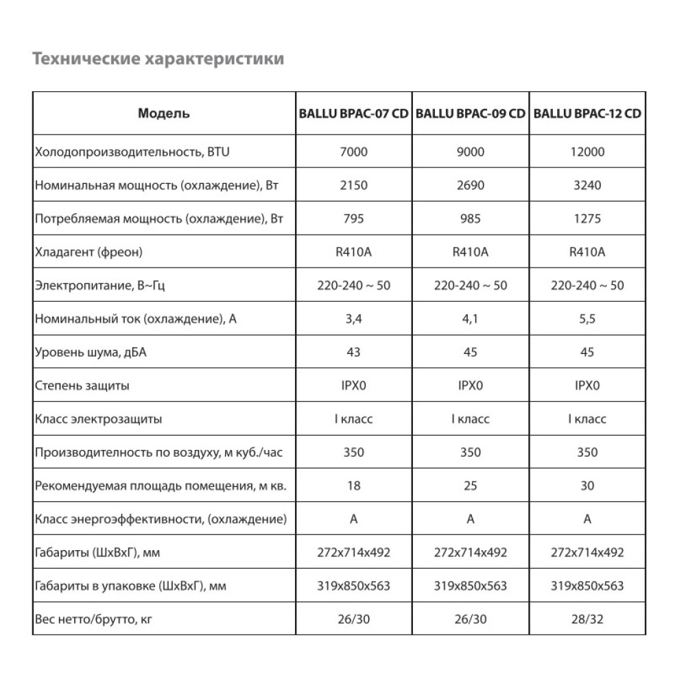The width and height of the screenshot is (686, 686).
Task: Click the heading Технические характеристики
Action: pos(158,60)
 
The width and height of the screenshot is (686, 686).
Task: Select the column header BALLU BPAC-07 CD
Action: pos(354,114)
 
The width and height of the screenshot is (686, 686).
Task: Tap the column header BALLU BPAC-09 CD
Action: pos(471,114)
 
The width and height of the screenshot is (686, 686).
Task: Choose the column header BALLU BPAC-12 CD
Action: pos(587,114)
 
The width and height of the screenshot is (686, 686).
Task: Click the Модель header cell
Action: pos(164,114)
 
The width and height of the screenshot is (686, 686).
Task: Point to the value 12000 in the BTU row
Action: pos(587,152)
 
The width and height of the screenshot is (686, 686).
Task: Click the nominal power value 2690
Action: pos(471,185)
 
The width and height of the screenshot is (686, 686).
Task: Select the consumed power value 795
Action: pos(354,219)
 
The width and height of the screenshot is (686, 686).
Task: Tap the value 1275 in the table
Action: pos(587,219)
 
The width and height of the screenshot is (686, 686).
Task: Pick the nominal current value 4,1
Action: pos(471,319)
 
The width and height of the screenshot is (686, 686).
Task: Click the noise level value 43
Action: pos(354,353)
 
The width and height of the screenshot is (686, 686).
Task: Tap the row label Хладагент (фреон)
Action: pos(88,252)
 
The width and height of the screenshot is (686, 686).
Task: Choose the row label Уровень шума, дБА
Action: pos(91,353)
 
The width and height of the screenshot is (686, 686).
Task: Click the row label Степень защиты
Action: pos(82,386)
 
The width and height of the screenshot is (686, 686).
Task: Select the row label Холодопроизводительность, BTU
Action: pos(131,152)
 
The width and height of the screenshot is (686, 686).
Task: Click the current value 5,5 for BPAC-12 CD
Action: pos(587,319)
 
